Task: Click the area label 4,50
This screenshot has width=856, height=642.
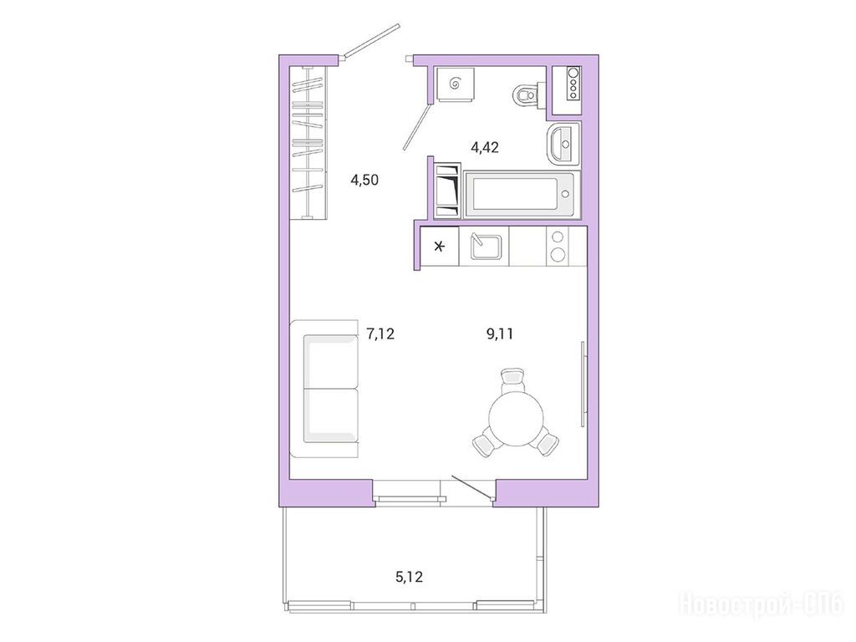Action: tap(364, 180)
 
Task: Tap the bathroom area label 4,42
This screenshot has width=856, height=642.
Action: tap(485, 147)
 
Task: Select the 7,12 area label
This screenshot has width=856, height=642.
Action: tap(380, 334)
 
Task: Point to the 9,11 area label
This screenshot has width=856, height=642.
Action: tap(500, 334)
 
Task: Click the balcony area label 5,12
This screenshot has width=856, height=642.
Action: tap(409, 576)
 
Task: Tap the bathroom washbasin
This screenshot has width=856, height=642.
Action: tap(563, 143)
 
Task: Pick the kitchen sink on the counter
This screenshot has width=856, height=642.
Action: tap(484, 247)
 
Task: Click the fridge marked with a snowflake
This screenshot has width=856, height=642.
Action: tap(440, 247)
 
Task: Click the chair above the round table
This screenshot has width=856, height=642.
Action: tap(513, 379)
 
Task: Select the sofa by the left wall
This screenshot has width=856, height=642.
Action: tap(324, 389)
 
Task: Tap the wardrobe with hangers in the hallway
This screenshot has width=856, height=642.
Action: tap(309, 142)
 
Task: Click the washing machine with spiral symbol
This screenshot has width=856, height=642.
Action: tap(454, 84)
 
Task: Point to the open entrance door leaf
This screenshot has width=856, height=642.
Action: tap(371, 39)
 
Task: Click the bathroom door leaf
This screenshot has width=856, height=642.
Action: tap(416, 126)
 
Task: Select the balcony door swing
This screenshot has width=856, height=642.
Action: tap(472, 487)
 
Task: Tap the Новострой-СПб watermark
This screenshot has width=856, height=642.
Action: tap(761, 604)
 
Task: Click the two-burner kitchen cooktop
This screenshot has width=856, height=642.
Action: tap(558, 247)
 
